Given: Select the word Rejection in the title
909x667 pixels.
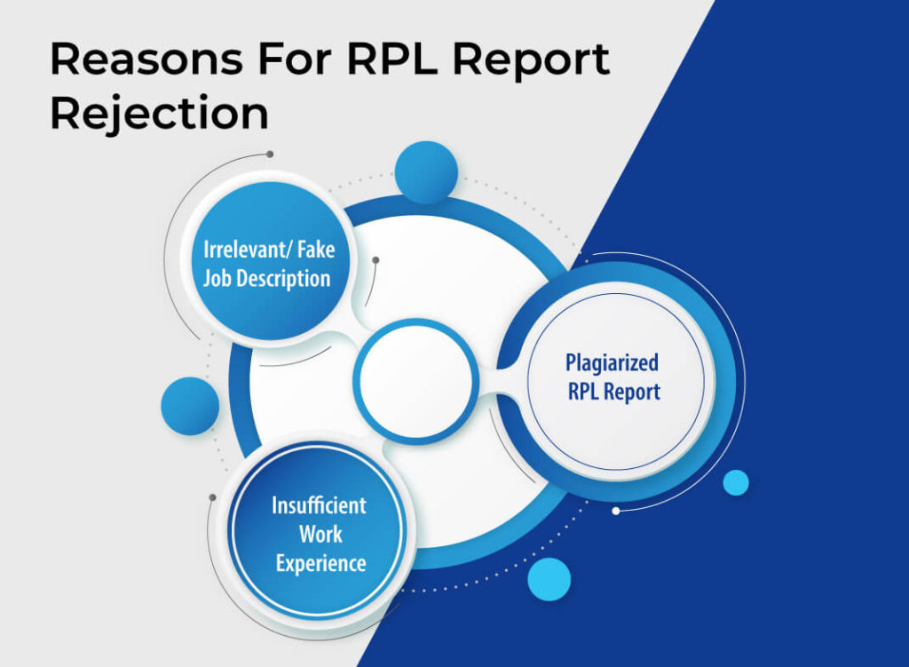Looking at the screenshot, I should pos(159,115).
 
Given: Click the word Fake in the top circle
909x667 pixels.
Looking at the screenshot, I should pos(311,249).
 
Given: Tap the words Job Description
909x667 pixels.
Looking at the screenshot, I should pos(266,278).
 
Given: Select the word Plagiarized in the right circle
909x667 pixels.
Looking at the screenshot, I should pos(613,362).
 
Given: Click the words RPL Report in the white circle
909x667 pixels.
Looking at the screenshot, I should pos(613,392).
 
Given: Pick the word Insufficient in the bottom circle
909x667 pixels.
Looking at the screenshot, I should pos(319,505).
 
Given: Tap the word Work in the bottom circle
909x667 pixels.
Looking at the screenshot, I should pos(320,534).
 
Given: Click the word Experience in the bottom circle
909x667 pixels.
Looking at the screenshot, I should pos(320,563).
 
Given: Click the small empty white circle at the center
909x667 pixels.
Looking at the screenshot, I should pos(415,381).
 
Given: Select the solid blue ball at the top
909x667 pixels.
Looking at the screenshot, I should pos(426,172).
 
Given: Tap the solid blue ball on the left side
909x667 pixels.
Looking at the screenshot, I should pos(190,406).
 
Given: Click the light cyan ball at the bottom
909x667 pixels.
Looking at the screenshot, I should pos(549,580).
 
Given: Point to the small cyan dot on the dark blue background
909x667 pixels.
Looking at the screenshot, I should pos(735,482).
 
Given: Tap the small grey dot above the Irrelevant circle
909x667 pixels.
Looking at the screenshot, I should pos(270,154).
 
